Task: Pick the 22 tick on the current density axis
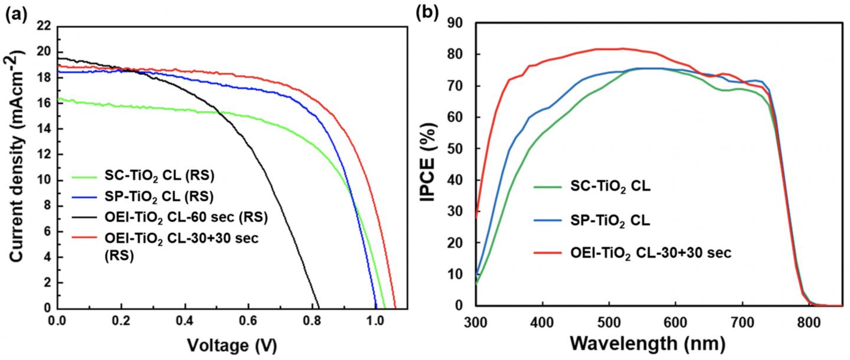(44, 27)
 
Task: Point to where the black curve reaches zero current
(319, 307)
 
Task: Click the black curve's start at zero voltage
(58, 58)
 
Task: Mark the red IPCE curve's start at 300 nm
(476, 218)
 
